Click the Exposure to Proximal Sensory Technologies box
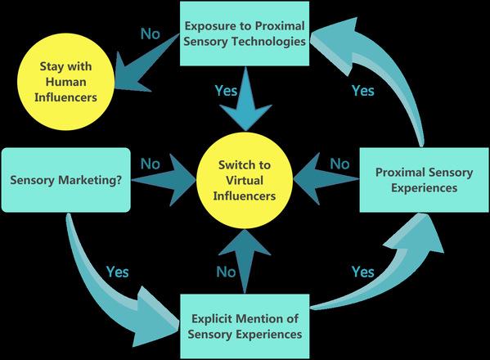[x=245, y=34]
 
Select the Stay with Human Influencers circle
[x=65, y=82]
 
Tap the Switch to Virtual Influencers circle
[x=245, y=180]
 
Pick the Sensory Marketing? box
[x=66, y=180]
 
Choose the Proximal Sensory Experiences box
[x=425, y=180]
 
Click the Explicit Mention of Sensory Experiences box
[x=245, y=326]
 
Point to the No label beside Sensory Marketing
[x=151, y=164]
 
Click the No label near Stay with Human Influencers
[x=151, y=34]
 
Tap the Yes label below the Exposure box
[x=227, y=91]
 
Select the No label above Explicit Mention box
[x=227, y=272]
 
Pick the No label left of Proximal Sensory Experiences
[x=339, y=164]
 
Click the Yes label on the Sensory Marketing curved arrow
[x=118, y=272]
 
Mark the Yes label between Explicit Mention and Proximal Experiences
[x=363, y=272]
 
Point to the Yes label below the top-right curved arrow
[x=363, y=91]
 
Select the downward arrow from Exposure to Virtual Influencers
[x=245, y=99]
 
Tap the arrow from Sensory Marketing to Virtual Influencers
[x=164, y=180]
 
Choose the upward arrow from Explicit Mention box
[x=245, y=262]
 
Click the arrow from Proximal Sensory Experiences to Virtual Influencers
[x=326, y=179]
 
